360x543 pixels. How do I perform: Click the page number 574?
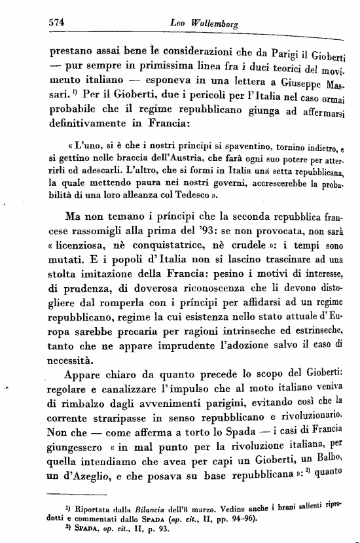point(60,21)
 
